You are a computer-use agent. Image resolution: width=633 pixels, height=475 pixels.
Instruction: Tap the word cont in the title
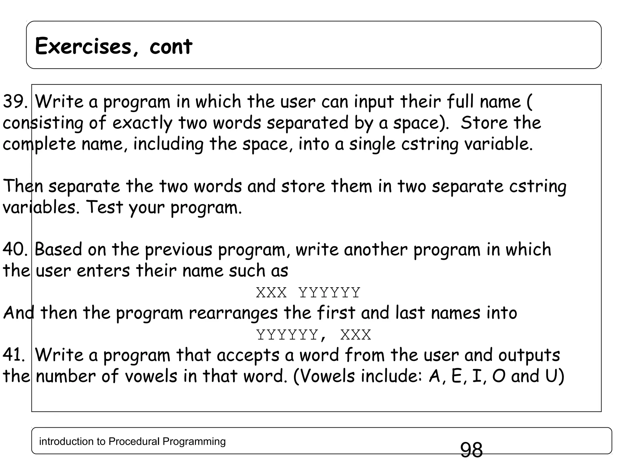[x=171, y=46]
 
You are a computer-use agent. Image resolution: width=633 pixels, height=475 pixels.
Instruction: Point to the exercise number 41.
[x=14, y=355]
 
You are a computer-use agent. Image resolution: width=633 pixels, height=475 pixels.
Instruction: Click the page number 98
[x=471, y=450]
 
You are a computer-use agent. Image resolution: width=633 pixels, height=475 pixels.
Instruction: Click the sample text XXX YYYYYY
[x=308, y=292]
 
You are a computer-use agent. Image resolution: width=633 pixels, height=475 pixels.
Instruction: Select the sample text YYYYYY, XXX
[x=313, y=335]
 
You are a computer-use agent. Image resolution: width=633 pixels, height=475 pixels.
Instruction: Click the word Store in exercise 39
[x=484, y=123]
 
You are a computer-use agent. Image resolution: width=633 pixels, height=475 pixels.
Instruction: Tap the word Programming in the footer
[x=194, y=442]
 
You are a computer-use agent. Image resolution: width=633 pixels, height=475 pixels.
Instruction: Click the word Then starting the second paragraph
[x=23, y=186]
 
